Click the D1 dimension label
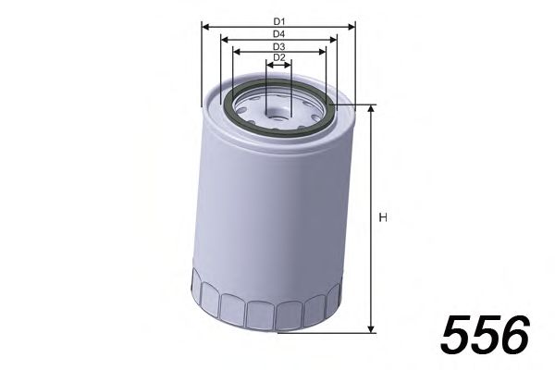tap(278, 19)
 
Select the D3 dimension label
tap(278, 46)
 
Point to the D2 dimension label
tap(278, 58)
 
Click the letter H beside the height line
tap(382, 218)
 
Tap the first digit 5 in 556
tap(459, 335)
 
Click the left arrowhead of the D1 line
tap(204, 27)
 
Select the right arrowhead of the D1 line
tap(352, 27)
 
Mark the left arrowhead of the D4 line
tap(220, 40)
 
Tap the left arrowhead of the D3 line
tap(235, 53)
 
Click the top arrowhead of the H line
tap(370, 109)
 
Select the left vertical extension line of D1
tap(202, 65)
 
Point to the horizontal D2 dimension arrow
tap(278, 66)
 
